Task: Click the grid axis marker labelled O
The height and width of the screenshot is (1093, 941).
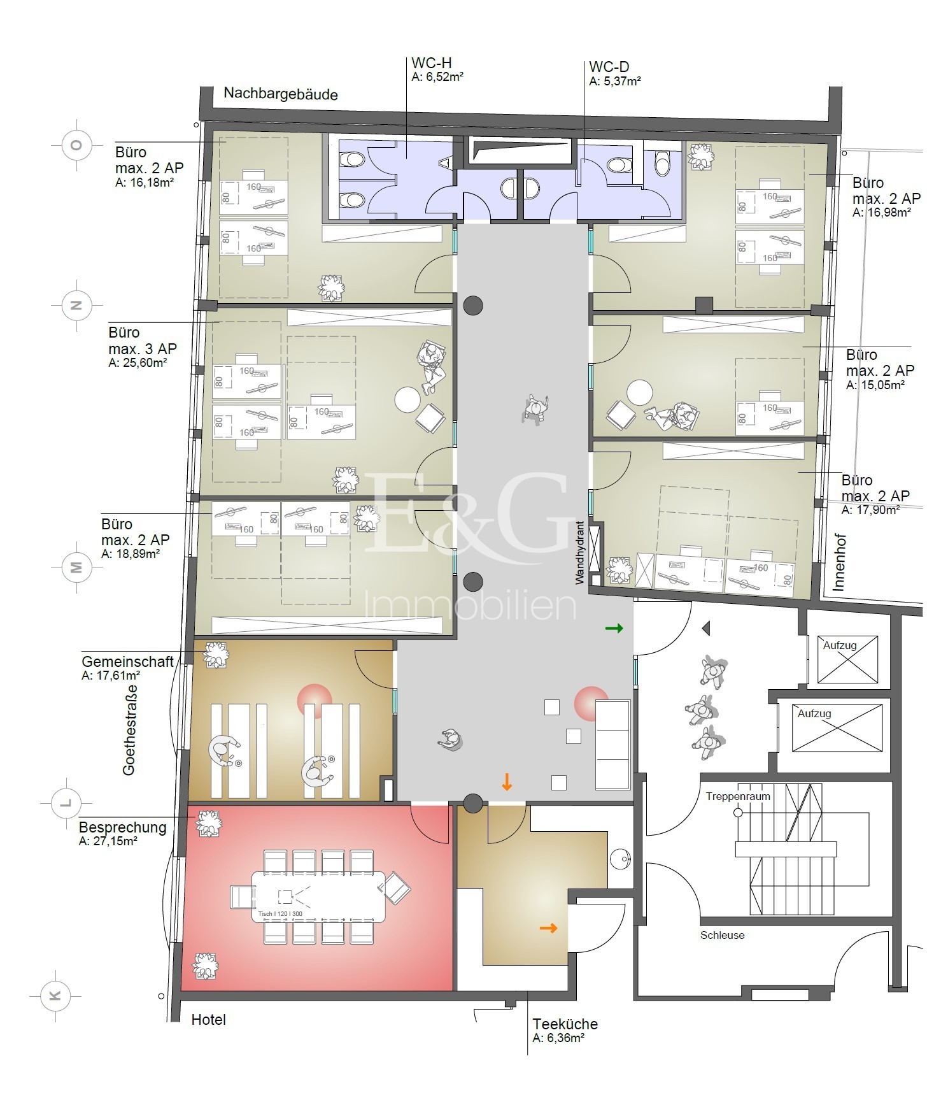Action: point(76,145)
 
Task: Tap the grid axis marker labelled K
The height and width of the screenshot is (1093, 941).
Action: point(55,996)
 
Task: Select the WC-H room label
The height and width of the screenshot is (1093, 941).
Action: point(432,63)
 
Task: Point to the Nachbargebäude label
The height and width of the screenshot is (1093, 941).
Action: point(281,94)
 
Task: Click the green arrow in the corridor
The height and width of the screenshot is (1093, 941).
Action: point(614,629)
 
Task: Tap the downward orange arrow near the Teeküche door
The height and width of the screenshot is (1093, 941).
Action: point(507,782)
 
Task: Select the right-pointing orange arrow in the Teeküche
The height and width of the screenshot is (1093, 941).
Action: point(549,928)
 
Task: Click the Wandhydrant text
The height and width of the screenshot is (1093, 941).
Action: point(579,553)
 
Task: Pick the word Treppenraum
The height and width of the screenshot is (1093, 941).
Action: point(738,796)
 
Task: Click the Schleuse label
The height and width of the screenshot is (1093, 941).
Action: point(722,935)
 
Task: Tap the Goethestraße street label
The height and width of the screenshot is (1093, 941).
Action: point(129,730)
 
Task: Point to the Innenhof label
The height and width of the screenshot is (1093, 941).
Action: point(838,562)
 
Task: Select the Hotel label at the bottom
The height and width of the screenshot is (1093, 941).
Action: point(209,1020)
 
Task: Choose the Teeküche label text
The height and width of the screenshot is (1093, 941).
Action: point(565,1024)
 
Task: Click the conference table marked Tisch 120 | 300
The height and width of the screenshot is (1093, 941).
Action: point(319,897)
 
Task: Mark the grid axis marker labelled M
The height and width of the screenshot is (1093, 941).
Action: point(76,567)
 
